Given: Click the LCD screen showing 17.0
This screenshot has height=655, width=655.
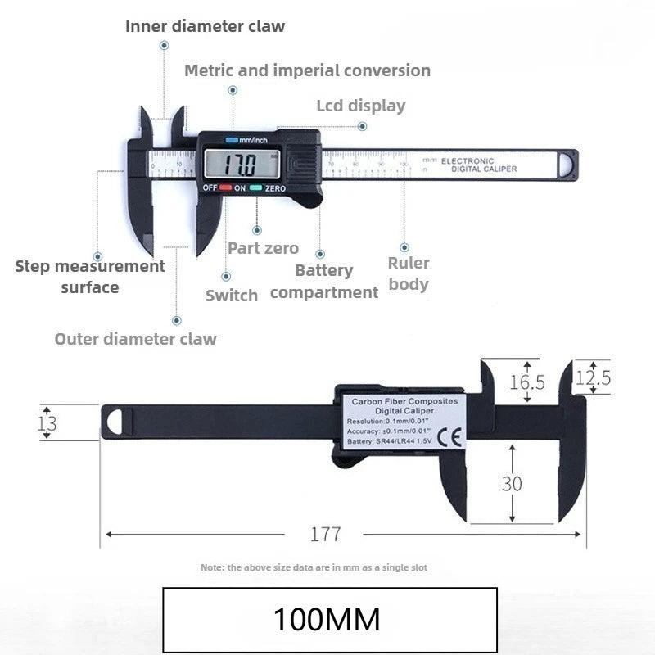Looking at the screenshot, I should click(x=242, y=165).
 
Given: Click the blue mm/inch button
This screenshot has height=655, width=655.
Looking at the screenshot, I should click(x=232, y=140).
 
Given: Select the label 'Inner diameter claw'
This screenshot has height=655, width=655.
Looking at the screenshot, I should click(x=205, y=26).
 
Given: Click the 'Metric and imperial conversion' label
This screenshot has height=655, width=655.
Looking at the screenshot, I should click(x=307, y=70).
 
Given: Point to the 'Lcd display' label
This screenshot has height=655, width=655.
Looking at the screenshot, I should click(x=360, y=106).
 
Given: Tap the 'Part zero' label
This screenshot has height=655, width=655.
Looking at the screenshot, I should click(x=263, y=248).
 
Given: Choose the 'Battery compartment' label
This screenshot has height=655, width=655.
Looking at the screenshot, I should click(x=324, y=281).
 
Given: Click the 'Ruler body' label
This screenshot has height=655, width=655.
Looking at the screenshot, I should click(x=409, y=273).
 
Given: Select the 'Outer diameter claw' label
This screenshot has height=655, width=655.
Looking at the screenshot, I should click(x=136, y=339).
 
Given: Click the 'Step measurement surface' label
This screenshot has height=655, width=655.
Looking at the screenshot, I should click(x=90, y=277).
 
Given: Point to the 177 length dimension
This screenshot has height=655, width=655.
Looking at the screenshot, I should click(x=325, y=535).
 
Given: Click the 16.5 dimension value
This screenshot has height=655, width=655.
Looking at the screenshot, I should click(x=526, y=382).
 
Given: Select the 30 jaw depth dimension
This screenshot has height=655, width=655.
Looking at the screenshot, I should click(x=512, y=483).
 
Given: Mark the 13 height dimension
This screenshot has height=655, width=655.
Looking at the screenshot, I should click(x=47, y=422).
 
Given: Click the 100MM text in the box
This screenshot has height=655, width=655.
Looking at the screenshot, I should click(x=327, y=619).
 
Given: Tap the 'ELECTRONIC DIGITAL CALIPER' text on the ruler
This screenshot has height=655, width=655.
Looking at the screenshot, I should click(x=479, y=165).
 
